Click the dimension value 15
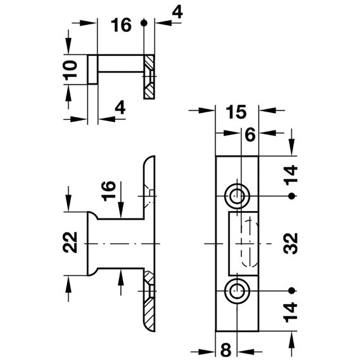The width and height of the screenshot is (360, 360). click(x=236, y=112)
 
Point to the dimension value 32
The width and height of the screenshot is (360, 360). click(x=290, y=243)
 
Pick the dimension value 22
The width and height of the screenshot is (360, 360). click(x=70, y=242)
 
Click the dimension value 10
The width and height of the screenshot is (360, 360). click(x=70, y=71)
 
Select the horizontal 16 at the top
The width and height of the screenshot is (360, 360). click(x=121, y=25)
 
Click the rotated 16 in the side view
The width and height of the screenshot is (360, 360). click(x=108, y=191)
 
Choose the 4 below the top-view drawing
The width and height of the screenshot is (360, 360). click(x=120, y=107)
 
